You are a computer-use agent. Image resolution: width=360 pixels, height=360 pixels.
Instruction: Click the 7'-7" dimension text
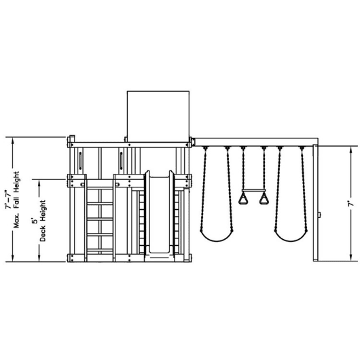tap(9, 199)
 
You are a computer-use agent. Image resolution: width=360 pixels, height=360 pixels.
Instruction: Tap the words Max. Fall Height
tap(16, 200)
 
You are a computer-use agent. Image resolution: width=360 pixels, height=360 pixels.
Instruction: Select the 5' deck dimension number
tap(35, 221)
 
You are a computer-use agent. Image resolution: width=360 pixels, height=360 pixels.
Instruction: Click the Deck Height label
tap(43, 221)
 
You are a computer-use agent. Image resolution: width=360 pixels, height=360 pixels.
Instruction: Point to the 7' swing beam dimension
tap(350, 204)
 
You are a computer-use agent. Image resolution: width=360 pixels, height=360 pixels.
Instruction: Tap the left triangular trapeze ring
tap(243, 198)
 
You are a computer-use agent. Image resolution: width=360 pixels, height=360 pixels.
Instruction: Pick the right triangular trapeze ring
tap(264, 198)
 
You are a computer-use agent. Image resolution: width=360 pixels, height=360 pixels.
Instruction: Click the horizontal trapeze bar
tap(253, 190)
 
